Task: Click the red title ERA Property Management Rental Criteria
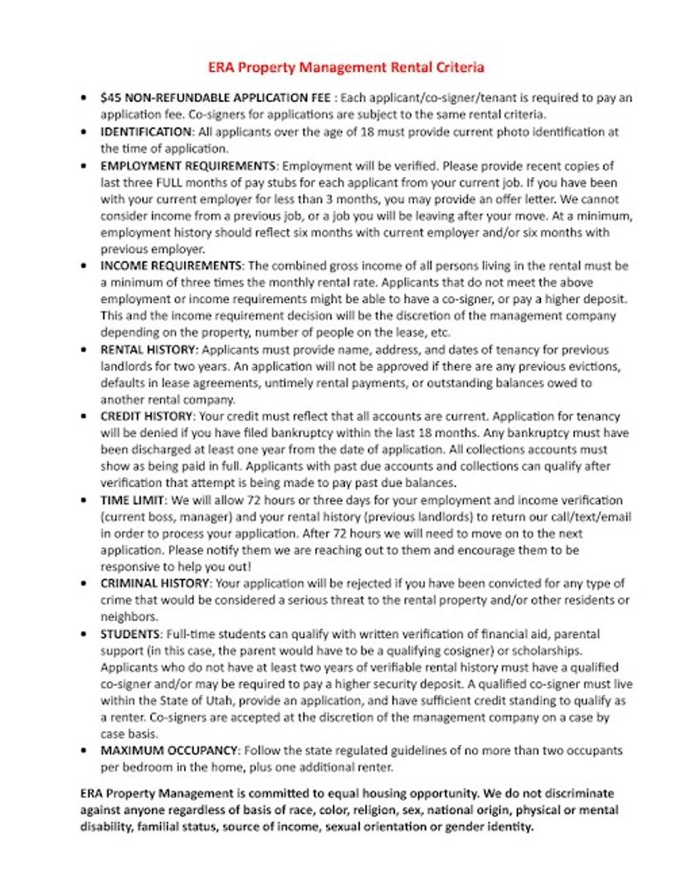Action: pyautogui.click(x=346, y=66)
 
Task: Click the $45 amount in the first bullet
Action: pyautogui.click(x=110, y=98)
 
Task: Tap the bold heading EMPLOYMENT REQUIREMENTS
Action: pyautogui.click(x=188, y=166)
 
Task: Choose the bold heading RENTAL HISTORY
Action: pyautogui.click(x=149, y=350)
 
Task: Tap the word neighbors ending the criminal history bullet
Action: pyautogui.click(x=129, y=617)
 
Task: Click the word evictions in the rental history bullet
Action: pyautogui.click(x=595, y=367)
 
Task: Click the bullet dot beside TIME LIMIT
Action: pyautogui.click(x=85, y=500)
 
